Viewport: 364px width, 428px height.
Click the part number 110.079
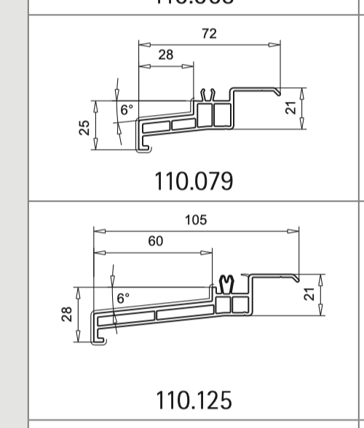pos(194,180)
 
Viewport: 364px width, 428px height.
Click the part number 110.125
pos(194,400)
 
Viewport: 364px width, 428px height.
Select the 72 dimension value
pos(209,33)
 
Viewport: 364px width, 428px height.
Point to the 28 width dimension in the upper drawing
pos(166,55)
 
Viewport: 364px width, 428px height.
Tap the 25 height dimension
pos(85,127)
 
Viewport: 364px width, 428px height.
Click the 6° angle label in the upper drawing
pos(127,111)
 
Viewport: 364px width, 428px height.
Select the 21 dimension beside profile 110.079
pos(290,108)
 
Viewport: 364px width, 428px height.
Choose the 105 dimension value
pos(196,220)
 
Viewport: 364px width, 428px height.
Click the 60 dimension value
pos(156,242)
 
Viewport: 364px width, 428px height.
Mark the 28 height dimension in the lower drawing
pos(67,314)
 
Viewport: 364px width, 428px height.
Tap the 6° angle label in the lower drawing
pos(123,298)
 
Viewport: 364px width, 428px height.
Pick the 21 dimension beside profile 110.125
pos(309,295)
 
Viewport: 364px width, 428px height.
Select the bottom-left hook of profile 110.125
pos(98,339)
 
